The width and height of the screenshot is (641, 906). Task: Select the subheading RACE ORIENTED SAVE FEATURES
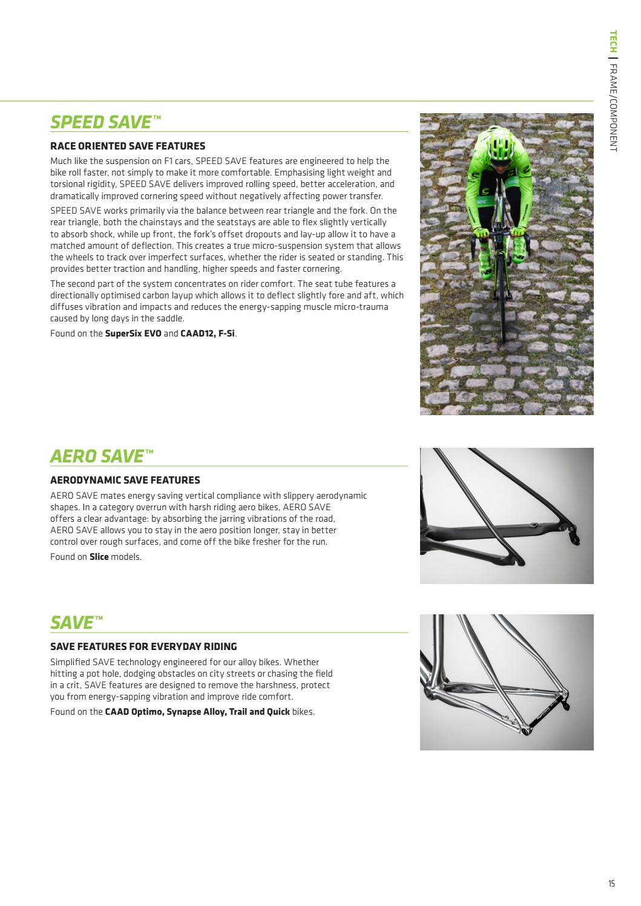128,146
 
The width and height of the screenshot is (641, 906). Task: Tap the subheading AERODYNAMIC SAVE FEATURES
125,480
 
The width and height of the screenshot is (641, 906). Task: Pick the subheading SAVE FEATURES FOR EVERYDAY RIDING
143,646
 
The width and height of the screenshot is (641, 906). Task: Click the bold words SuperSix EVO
133,333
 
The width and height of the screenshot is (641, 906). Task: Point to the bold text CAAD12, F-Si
208,333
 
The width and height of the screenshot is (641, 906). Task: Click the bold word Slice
99,557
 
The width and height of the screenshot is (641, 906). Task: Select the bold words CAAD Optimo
130,712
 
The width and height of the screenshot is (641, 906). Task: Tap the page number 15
611,884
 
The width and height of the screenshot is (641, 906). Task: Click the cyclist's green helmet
504,144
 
